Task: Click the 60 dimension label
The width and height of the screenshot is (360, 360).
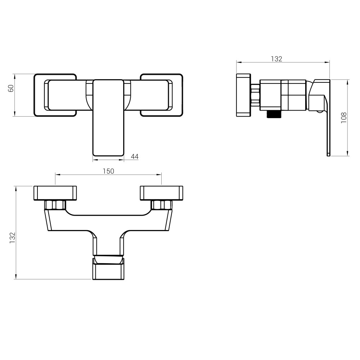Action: [11, 88]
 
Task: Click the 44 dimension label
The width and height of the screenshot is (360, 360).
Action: [135, 156]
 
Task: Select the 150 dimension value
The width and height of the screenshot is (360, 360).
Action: [108, 171]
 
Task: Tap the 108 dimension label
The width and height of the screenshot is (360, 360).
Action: [344, 118]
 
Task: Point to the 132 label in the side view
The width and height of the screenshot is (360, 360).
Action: [276, 59]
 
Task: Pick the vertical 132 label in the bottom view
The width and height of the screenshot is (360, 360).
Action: [12, 238]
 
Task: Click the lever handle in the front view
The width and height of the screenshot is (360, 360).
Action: [108, 118]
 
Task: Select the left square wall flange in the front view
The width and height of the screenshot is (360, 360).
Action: [55, 95]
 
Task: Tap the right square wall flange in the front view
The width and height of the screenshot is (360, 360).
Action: [162, 95]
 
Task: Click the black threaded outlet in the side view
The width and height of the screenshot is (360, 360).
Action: [274, 114]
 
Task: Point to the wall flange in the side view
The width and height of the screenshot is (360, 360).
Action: [243, 95]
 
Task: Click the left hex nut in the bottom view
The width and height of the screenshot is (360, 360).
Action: [55, 205]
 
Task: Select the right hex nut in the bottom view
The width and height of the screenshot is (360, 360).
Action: [162, 205]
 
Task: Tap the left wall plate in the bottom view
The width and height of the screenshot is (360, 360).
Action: [55, 193]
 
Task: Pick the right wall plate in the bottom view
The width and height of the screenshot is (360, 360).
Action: [162, 193]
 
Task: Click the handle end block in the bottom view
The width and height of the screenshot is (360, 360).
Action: [108, 269]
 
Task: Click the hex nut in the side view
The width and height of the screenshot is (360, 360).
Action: [256, 95]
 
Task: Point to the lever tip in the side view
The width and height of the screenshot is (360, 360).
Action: [329, 154]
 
